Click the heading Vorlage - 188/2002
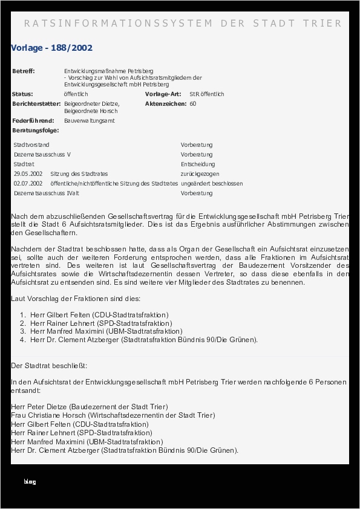pos(51,48)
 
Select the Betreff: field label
pos(24,71)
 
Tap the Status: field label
pos(22,94)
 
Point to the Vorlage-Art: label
pos(163,94)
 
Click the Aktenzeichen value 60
pos(193,104)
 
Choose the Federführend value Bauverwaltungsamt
pos(89,121)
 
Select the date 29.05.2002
pos(28,174)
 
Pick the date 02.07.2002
pos(28,184)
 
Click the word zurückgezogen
pos(200,174)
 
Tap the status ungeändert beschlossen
pos(211,184)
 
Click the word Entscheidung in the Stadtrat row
pos(197,164)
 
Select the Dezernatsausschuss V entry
pos(42,155)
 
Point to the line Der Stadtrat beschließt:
pos(49,366)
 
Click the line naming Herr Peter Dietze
pos(90,407)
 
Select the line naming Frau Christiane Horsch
pos(113,415)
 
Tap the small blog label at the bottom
pos(30,482)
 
